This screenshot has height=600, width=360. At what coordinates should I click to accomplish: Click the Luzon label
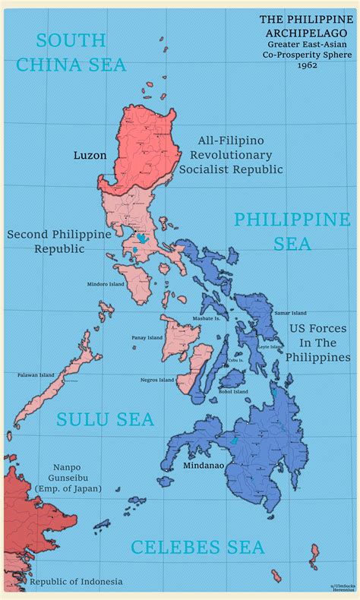90,155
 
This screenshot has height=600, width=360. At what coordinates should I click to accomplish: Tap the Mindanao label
204,465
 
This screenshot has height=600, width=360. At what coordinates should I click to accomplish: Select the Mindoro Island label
106,284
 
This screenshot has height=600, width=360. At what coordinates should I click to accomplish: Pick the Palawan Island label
36,374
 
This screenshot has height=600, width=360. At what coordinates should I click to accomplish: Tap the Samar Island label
290,313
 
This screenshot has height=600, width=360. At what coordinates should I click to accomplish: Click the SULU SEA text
106,419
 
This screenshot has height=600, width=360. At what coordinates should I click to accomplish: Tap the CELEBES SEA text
197,547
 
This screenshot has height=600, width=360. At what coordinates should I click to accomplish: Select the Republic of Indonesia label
75,582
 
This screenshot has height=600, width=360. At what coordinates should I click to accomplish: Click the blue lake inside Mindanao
234,441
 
